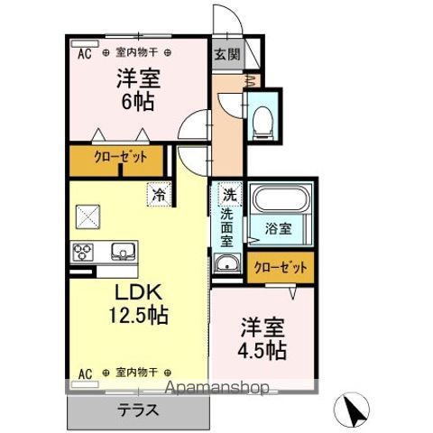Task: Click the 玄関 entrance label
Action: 226,52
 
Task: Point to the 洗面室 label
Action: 227,227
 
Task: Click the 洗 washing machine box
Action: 229,193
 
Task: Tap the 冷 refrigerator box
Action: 159,193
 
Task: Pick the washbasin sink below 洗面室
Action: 227,264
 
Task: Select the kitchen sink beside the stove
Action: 122,251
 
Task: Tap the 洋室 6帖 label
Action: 137,88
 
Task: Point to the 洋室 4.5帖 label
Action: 263,337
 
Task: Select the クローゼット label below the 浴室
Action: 281,267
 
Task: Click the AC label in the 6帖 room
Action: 84,53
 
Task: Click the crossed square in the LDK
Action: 88,217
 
